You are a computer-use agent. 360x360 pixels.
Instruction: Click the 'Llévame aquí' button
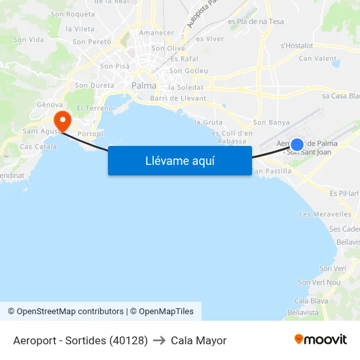180,160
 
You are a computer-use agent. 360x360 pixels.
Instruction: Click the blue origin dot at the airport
297,145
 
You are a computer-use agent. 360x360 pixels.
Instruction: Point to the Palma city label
144,86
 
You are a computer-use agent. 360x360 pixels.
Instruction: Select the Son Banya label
271,122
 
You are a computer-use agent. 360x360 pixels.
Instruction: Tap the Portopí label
90,134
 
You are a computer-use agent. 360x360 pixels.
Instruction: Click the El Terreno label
95,108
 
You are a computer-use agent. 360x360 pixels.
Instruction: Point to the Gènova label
50,105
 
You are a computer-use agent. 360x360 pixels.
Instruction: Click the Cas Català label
38,147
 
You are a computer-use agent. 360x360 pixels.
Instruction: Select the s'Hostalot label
297,46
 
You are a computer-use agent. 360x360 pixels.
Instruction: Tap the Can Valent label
317,58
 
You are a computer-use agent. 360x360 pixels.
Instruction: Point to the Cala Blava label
312,301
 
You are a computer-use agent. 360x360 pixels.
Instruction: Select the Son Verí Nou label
319,282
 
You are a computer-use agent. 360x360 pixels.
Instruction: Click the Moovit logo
321,340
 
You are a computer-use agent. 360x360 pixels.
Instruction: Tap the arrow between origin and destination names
159,340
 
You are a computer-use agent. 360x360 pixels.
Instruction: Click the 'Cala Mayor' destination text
198,340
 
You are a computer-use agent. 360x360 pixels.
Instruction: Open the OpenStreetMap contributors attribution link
65,312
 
